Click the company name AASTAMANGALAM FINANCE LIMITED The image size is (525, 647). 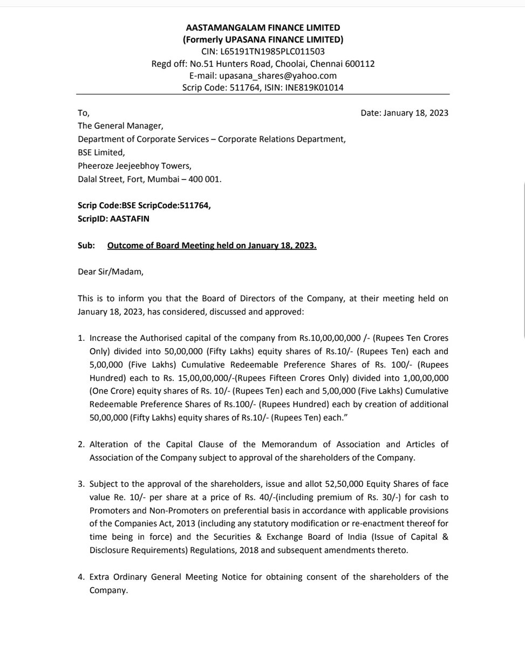[263, 27]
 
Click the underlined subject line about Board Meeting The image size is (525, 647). [212, 246]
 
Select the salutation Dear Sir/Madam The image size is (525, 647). [111, 272]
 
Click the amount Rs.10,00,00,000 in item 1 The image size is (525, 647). [329, 338]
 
